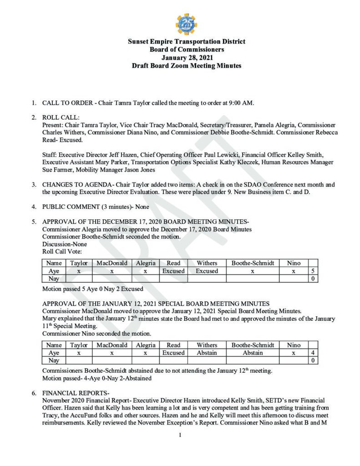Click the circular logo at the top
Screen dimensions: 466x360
pos(186,24)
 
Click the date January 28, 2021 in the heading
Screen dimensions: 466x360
pos(186,57)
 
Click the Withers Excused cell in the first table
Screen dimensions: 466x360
pos(207,271)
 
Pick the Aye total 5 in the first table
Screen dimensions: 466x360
pos(313,271)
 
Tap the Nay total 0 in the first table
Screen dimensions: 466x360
pos(313,279)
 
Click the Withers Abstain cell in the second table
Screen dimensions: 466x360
pos(207,353)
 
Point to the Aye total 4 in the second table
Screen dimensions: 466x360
pos(313,353)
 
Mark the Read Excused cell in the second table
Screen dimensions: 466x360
pos(173,353)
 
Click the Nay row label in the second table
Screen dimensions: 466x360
pos(54,360)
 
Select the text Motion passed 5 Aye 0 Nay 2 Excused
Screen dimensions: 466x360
pos(92,289)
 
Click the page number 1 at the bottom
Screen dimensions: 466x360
pos(180,435)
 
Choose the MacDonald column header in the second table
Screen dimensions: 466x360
pos(112,345)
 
